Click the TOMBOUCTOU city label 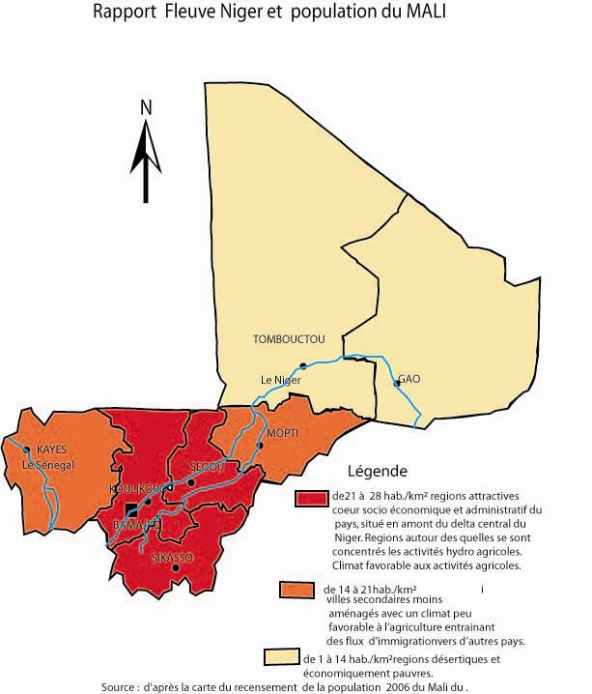click(289, 339)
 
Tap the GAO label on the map click(409, 379)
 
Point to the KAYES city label click(52, 449)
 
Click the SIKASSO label click(172, 558)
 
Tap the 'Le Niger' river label click(281, 380)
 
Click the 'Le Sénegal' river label click(48, 465)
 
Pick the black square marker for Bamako click(130, 509)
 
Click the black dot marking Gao click(396, 384)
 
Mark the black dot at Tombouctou click(303, 365)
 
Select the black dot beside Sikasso click(175, 568)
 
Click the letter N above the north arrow click(147, 107)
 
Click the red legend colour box click(312, 498)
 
